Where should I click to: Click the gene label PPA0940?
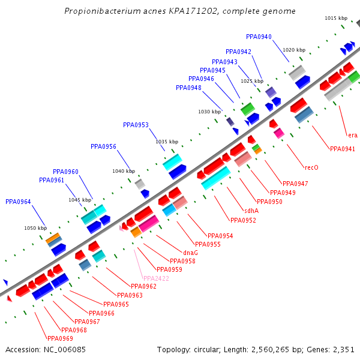[259, 37]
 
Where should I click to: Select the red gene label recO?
[311, 167]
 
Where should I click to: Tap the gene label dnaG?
[190, 253]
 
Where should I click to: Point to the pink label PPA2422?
[156, 278]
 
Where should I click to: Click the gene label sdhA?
[251, 211]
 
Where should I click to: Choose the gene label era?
[352, 135]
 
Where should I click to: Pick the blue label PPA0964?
[18, 202]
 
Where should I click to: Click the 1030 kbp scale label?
[209, 112]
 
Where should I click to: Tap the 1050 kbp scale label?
[35, 228]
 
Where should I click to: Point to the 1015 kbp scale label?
[336, 19]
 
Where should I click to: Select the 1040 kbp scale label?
[124, 171]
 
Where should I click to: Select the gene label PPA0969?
[60, 338]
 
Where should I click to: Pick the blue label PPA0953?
[136, 125]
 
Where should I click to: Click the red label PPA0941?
[342, 149]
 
